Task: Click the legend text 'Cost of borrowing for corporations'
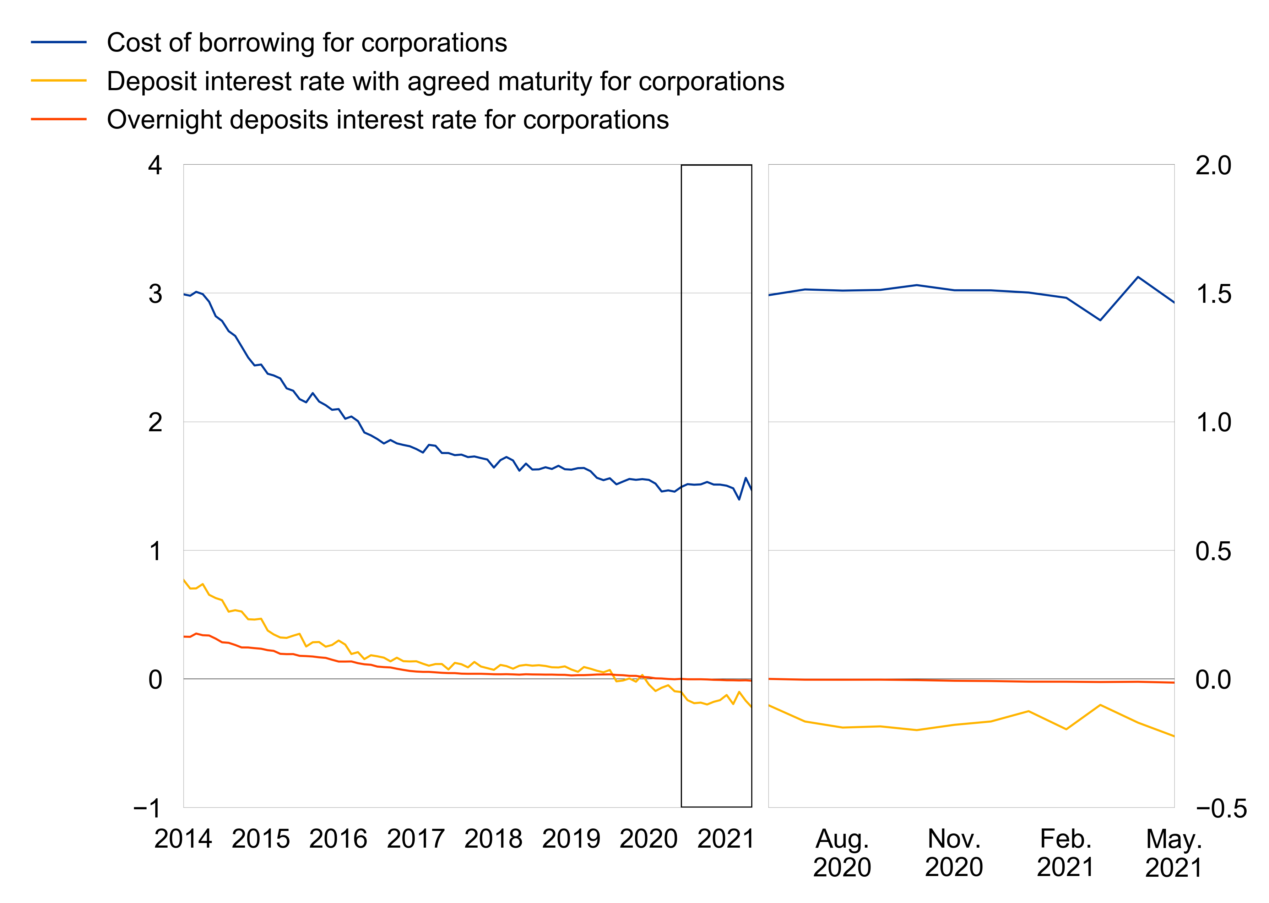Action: tap(307, 43)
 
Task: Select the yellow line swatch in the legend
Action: tap(59, 81)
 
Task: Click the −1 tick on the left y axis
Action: tap(147, 808)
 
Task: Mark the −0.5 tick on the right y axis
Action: tap(1221, 808)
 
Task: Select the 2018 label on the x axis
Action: tap(493, 838)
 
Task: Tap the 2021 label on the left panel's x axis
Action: tap(726, 838)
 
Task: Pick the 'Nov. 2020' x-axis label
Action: tap(954, 852)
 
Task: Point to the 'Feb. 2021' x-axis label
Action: tap(1065, 852)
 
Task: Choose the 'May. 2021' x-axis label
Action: tap(1173, 852)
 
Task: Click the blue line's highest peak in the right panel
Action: tap(1138, 277)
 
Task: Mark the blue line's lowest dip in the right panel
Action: tap(1100, 320)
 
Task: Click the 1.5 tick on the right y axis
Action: tap(1213, 294)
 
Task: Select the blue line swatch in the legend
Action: tap(59, 42)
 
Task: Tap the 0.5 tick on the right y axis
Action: tap(1213, 551)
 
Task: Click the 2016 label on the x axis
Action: tap(338, 838)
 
